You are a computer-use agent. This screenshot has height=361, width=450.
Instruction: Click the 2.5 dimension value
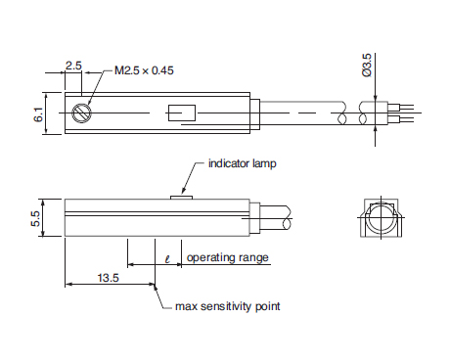point(73,66)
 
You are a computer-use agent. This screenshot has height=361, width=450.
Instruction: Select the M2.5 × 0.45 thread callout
point(144,70)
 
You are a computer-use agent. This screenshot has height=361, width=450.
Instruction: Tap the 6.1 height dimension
point(38,114)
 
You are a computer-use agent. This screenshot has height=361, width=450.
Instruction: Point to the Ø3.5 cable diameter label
point(367,66)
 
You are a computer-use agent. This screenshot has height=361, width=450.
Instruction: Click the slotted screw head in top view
point(81,113)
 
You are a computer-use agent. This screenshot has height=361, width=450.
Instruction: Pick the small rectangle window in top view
point(182,113)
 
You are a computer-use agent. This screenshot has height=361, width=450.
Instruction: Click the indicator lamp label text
point(243,163)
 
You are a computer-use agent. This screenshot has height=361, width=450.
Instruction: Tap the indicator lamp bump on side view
point(182,197)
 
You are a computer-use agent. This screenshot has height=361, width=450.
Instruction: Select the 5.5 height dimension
point(35,218)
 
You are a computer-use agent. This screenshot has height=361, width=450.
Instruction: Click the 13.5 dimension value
point(109,278)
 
